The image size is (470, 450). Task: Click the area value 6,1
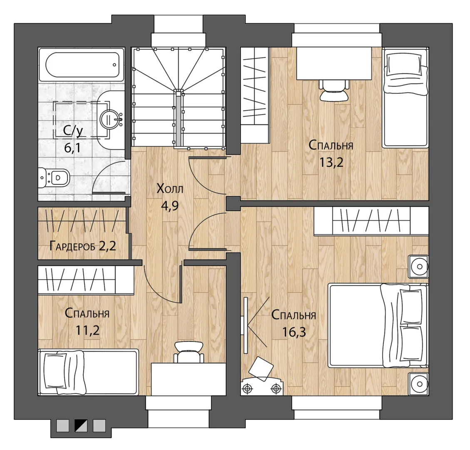point(72,147)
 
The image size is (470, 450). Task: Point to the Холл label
point(170,189)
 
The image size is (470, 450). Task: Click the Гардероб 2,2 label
point(83,246)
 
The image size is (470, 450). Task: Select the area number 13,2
point(331,162)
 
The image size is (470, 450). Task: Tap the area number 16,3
point(294,332)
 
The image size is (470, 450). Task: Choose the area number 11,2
point(87,330)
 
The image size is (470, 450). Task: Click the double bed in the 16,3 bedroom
point(378,325)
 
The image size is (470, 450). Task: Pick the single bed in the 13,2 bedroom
point(405,97)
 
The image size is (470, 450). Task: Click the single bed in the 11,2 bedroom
point(88,372)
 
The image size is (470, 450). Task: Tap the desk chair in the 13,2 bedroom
point(334,90)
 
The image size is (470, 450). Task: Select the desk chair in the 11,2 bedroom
point(189,352)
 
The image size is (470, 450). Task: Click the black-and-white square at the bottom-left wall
point(81,426)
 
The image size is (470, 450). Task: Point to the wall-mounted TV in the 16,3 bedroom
point(246,325)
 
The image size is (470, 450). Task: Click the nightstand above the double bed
point(418,266)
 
